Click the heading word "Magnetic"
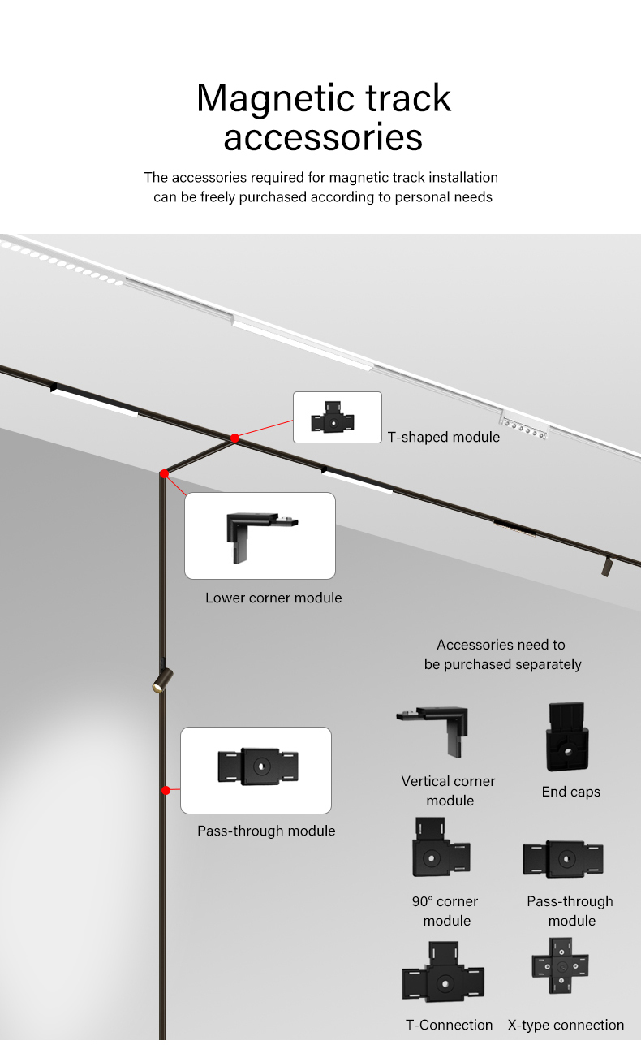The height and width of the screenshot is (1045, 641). click(x=269, y=98)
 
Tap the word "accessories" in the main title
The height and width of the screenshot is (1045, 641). click(x=323, y=137)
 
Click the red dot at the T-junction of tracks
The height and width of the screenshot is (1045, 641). click(x=234, y=438)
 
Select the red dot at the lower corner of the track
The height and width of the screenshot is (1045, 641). click(x=164, y=473)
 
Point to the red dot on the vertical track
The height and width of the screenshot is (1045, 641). click(x=166, y=790)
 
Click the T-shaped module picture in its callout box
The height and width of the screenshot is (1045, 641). click(x=333, y=418)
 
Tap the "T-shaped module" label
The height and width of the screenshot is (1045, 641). click(x=443, y=437)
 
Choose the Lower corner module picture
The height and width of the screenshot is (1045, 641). click(x=259, y=535)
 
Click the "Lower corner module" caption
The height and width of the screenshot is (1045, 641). click(x=273, y=598)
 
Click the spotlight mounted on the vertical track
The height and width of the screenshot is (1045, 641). click(x=161, y=680)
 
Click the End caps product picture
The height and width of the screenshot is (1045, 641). click(x=566, y=737)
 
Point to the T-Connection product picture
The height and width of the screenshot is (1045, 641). click(x=443, y=974)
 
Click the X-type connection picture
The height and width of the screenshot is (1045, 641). click(x=561, y=966)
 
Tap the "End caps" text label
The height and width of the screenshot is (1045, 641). click(x=571, y=792)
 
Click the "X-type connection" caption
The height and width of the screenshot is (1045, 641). click(x=566, y=1025)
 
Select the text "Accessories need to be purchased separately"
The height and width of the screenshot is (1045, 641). click(x=502, y=654)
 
